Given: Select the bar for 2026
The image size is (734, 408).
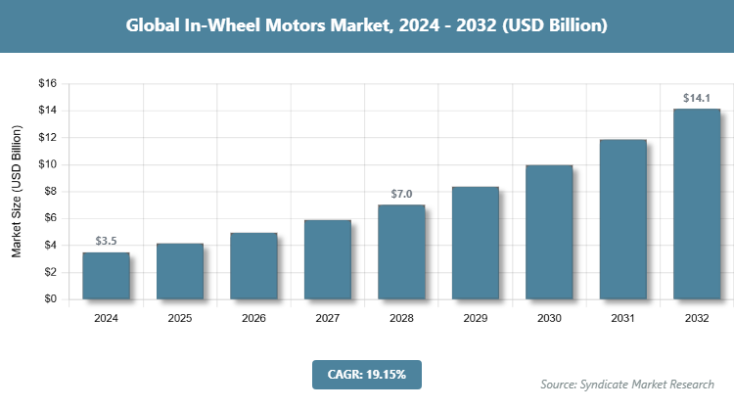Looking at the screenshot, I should (x=253, y=266).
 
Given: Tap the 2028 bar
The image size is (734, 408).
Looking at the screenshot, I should (x=401, y=252).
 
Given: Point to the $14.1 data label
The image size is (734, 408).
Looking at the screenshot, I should (x=697, y=98).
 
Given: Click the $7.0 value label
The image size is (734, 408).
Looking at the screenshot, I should (x=401, y=194).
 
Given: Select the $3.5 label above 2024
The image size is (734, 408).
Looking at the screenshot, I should (x=106, y=241).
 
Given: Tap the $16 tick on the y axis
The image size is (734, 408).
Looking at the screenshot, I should (x=46, y=84).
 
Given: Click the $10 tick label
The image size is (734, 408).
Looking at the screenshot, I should (x=46, y=164).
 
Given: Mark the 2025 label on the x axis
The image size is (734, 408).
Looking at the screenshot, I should (x=180, y=318).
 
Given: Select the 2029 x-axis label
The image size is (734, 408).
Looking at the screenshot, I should (x=476, y=318).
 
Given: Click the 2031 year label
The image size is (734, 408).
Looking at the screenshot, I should (x=623, y=318).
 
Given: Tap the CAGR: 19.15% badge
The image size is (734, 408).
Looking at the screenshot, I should (x=366, y=374).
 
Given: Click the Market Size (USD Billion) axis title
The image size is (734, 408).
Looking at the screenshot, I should (x=17, y=192).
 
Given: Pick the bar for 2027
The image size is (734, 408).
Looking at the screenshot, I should (x=328, y=260).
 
